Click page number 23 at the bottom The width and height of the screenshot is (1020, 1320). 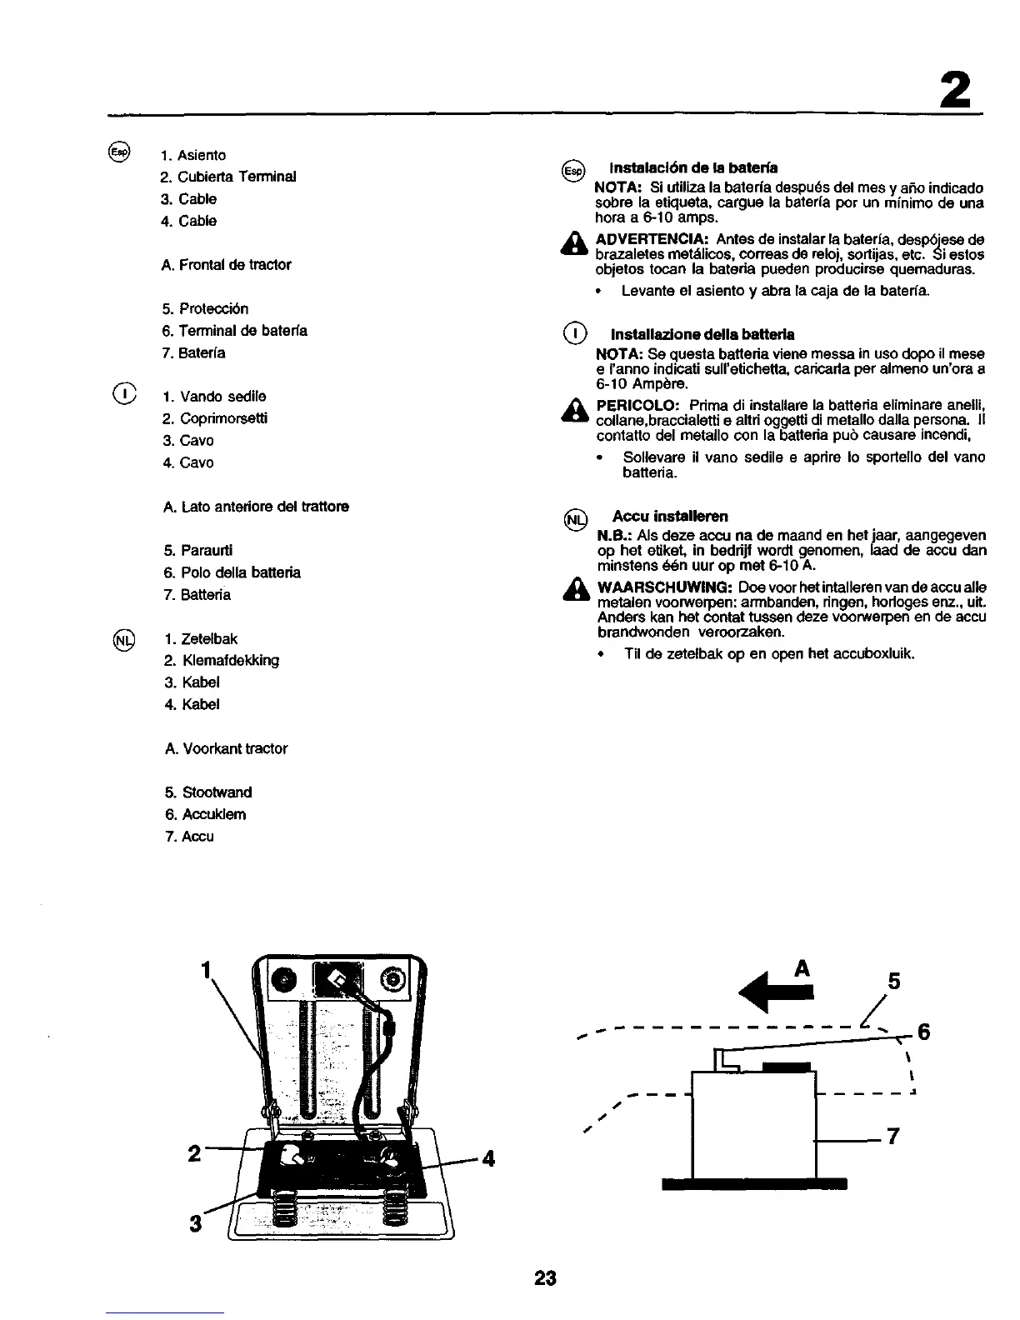tap(545, 1277)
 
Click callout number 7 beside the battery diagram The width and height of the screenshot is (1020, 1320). tap(892, 1137)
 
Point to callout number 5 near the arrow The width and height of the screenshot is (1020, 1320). tap(894, 982)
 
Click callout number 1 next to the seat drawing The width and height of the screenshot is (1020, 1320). tap(206, 970)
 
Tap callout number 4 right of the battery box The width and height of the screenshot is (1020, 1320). tap(488, 1158)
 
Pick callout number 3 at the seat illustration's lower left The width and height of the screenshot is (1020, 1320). tap(196, 1223)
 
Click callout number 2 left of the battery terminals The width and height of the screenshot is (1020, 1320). tap(193, 1154)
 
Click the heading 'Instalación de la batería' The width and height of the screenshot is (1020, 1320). tap(694, 168)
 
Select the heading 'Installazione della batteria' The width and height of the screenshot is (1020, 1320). tap(702, 334)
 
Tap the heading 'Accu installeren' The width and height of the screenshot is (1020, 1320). tap(670, 516)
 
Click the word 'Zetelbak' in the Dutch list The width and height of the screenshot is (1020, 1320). tap(209, 639)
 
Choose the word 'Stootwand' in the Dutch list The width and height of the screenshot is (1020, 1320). tap(216, 792)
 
